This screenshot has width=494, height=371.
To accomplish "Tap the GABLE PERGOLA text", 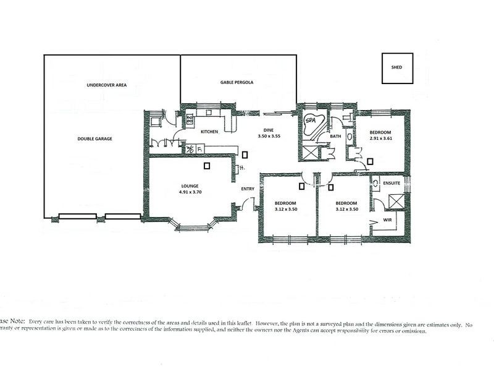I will click(x=237, y=82).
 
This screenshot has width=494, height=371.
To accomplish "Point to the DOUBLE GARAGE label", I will click(x=94, y=139).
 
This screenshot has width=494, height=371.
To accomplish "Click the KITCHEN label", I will click(x=207, y=132).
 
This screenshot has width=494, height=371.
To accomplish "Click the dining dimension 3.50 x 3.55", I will click(x=269, y=136).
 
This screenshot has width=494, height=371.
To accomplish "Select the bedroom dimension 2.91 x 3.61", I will click(x=381, y=140).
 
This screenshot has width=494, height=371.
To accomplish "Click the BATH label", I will click(x=335, y=136).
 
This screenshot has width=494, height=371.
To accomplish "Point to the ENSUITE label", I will click(x=391, y=183).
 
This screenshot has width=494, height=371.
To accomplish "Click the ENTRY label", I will click(x=248, y=189).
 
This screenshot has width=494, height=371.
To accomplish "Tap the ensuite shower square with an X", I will click(x=393, y=202).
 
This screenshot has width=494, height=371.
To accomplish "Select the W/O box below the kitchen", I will click(x=191, y=148).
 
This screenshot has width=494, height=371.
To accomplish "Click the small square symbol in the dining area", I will click(x=245, y=155).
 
